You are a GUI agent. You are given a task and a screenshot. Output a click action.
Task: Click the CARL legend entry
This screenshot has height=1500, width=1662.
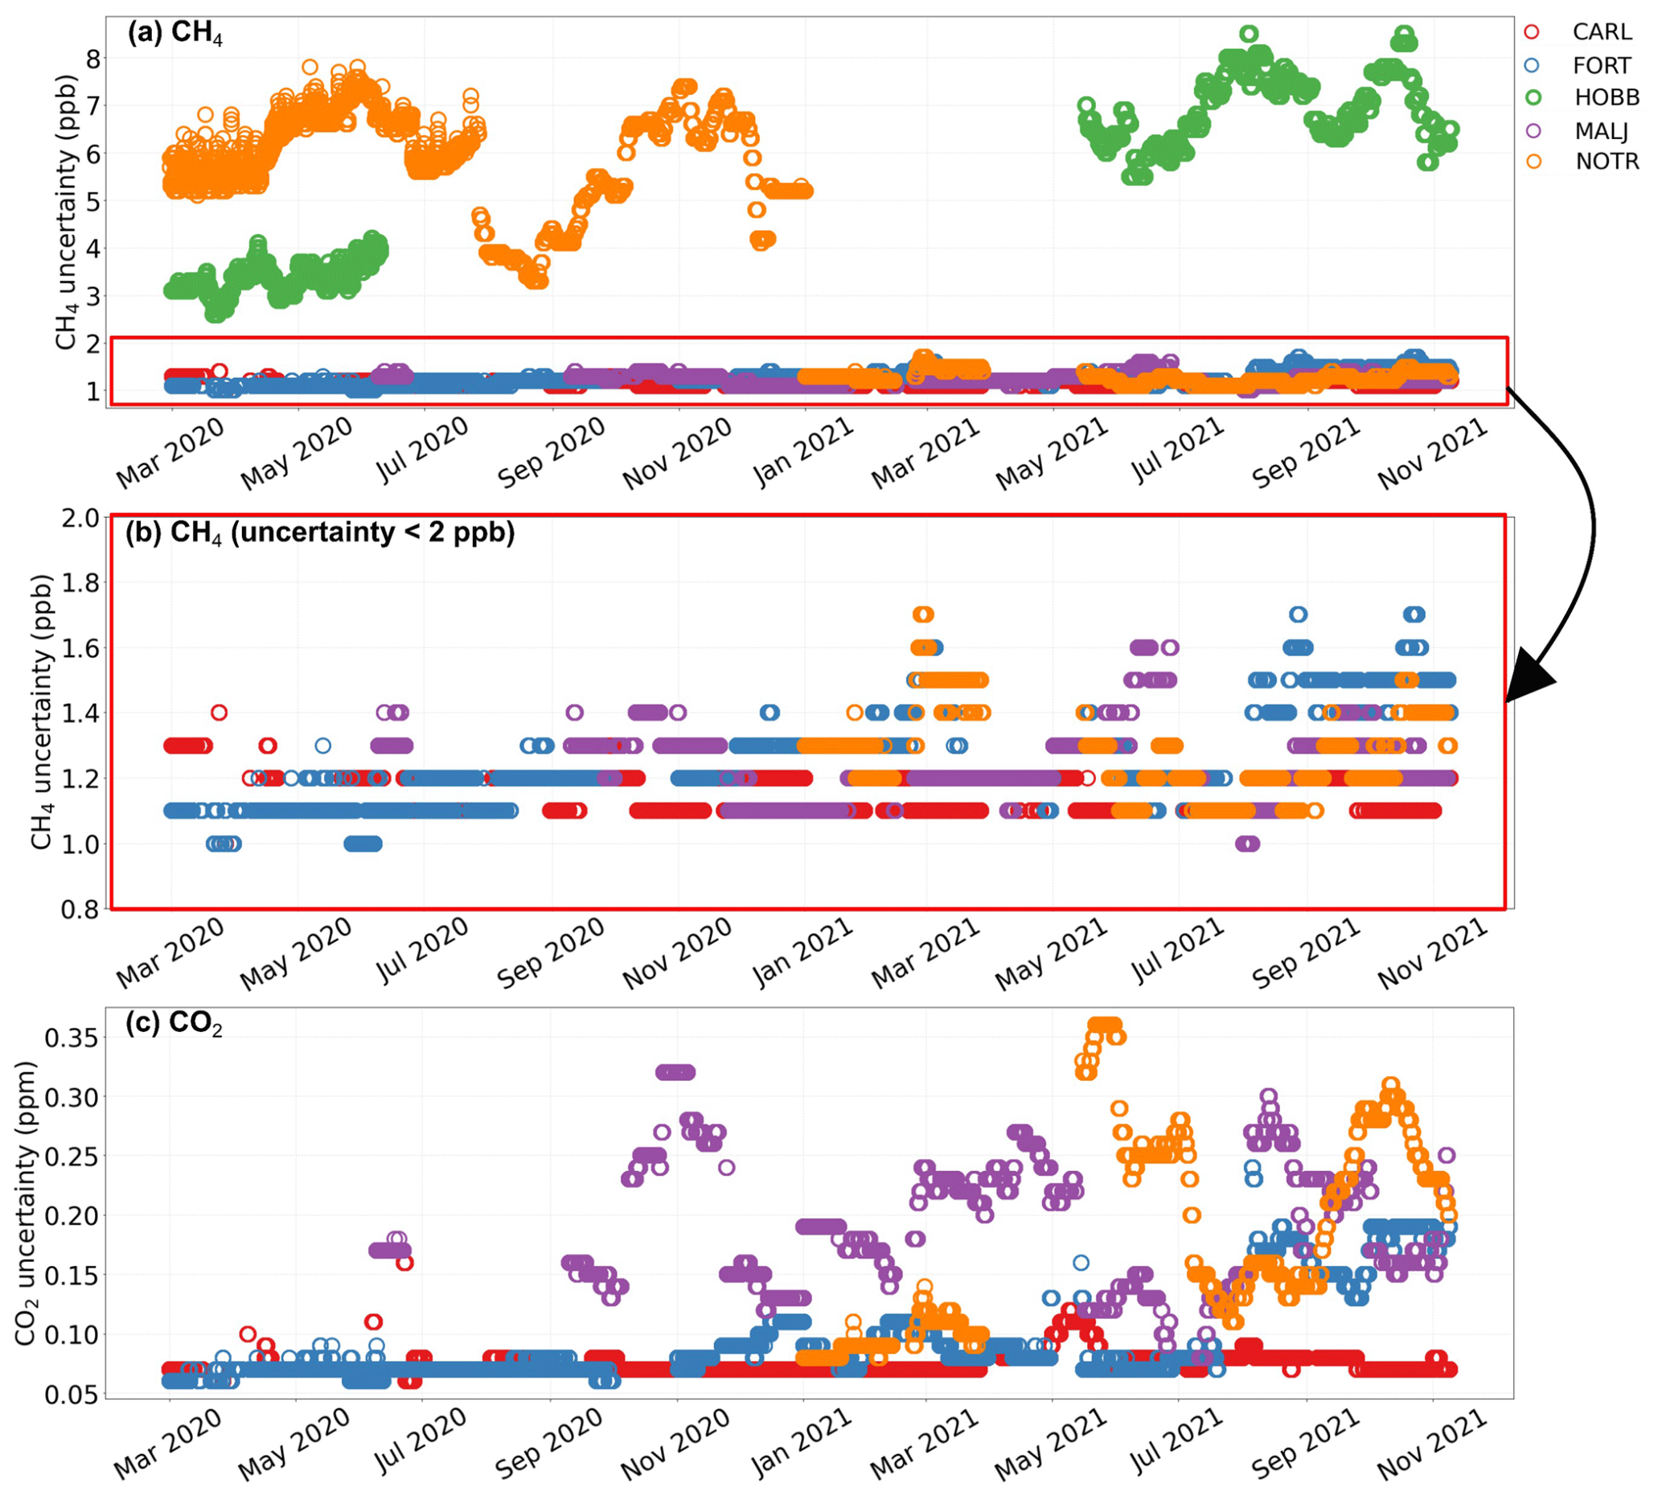point(1600,32)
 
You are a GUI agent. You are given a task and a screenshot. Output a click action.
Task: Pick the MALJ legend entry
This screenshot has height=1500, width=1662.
point(1600,130)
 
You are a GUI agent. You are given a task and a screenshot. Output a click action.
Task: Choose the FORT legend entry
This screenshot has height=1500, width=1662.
point(1600,65)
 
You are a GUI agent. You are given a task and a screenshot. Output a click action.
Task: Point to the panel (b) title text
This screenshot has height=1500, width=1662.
point(320,533)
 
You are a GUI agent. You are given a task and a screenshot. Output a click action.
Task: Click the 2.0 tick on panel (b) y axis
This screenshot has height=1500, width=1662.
point(80,519)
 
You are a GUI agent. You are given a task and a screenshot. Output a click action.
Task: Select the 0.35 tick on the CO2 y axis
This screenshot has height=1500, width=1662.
point(71,1038)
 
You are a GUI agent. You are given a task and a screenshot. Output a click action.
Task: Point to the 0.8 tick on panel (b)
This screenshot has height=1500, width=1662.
point(80,909)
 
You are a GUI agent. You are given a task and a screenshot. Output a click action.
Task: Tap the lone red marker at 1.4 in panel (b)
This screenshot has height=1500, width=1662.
point(219,712)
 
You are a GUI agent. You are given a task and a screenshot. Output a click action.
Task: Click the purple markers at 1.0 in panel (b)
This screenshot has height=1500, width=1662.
point(1248,843)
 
